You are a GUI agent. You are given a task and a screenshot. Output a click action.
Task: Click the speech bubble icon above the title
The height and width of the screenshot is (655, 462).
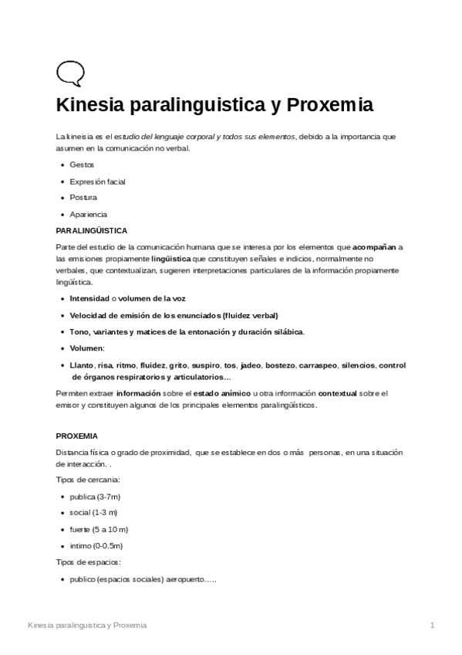(x=69, y=73)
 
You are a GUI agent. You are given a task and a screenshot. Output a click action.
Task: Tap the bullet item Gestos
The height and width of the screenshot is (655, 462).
(x=82, y=165)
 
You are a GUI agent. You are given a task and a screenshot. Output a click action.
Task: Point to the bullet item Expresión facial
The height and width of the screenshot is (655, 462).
(x=97, y=182)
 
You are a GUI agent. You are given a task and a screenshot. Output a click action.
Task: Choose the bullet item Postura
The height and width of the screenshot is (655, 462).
(x=83, y=198)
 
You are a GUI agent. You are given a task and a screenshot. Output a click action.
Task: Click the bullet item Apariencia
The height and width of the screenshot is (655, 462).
(x=88, y=214)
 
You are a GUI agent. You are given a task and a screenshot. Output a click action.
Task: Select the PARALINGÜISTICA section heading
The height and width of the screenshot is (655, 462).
(x=92, y=230)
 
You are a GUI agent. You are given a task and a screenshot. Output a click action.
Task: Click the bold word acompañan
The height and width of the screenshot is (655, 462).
(x=374, y=247)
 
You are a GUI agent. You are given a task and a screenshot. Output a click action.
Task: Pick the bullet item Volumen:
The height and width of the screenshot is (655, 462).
(x=86, y=348)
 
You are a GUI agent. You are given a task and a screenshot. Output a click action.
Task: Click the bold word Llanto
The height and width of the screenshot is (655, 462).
(x=81, y=365)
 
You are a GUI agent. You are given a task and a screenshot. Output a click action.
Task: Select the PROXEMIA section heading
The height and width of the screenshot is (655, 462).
(x=77, y=436)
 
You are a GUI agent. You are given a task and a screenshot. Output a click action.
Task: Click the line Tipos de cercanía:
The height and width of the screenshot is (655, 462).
(x=88, y=480)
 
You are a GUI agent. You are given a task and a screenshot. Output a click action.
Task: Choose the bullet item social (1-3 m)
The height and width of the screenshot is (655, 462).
(x=93, y=512)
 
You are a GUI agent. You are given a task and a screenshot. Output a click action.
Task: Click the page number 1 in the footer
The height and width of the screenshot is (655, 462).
(x=433, y=624)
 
